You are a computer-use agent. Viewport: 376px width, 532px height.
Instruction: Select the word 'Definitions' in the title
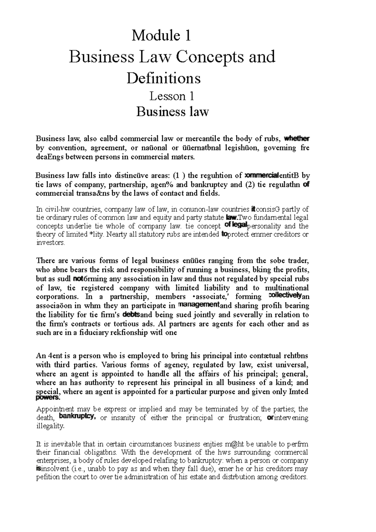tap(163, 78)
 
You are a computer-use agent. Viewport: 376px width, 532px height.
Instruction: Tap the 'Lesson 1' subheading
tap(172, 96)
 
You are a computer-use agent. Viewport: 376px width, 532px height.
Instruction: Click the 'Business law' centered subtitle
tap(172, 112)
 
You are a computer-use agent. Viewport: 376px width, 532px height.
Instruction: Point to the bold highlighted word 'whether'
tap(297, 138)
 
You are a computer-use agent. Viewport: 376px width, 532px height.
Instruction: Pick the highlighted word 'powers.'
tap(48, 398)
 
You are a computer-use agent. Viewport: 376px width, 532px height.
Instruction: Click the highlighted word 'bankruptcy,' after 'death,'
tap(77, 417)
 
